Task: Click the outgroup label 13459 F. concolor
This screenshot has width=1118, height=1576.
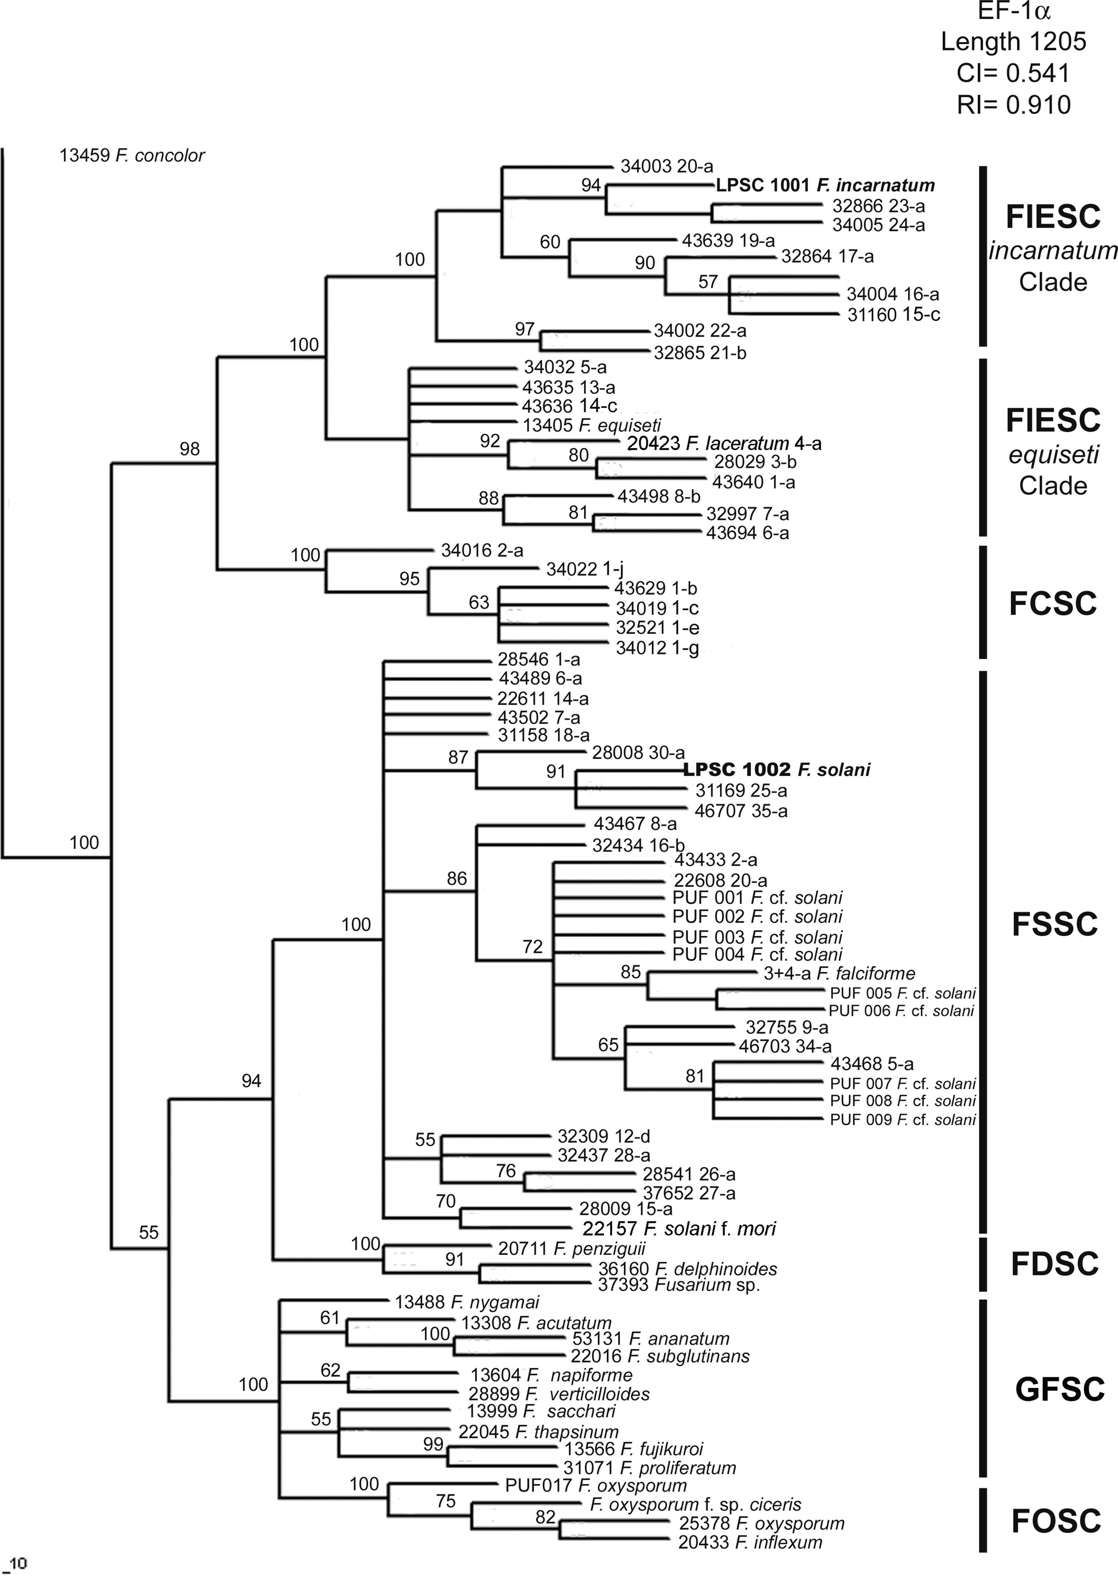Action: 132,155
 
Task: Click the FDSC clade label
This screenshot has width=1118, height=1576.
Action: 1054,1264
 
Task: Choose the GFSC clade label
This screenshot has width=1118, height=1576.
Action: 1059,1390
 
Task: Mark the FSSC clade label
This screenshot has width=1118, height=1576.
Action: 1054,924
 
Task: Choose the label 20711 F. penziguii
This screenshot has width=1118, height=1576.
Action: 571,1248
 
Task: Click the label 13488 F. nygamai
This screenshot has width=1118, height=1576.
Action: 467,1302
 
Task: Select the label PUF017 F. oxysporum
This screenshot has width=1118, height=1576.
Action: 596,1485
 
